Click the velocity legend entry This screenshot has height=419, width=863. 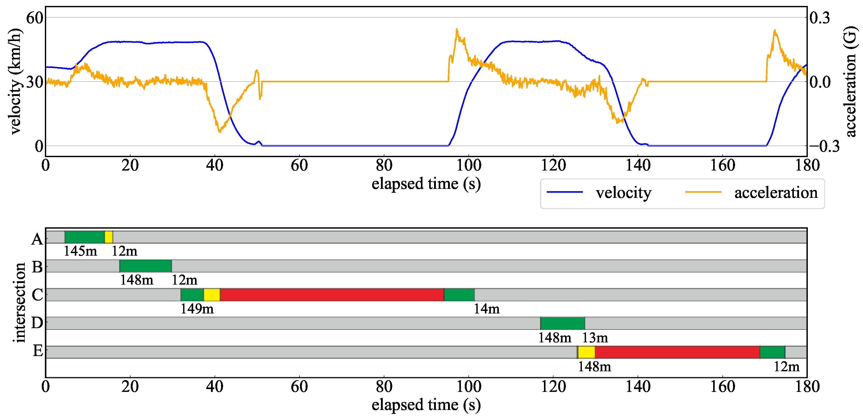tap(599, 193)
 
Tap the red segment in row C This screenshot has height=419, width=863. tap(332, 295)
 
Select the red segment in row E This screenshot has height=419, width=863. tap(677, 352)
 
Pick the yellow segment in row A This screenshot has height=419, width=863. tap(109, 237)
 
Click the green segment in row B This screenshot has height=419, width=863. tap(145, 266)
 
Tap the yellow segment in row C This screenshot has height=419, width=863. tap(212, 295)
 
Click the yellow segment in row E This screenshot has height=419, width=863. tap(586, 352)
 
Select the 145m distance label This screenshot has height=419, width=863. tap(80, 251)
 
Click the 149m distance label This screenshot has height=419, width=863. tap(197, 309)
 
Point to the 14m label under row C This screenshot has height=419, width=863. tap(486, 309)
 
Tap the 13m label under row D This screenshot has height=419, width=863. tap(595, 337)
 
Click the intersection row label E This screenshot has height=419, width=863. tap(38, 351)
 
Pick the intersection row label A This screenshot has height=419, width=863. tap(37, 239)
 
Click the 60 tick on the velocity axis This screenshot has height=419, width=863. tap(35, 18)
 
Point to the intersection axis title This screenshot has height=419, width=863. tap(20, 303)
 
